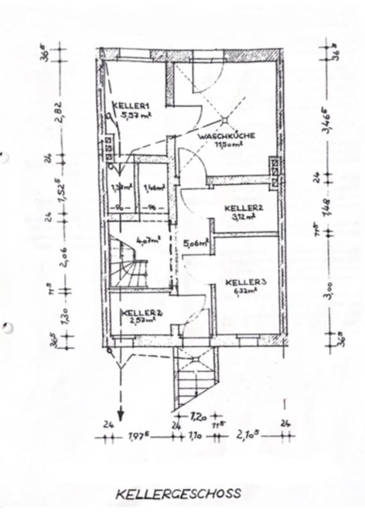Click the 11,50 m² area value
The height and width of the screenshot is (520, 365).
click(x=227, y=145)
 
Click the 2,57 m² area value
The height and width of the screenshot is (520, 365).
click(x=139, y=320)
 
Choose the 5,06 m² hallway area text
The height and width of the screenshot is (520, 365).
click(x=196, y=243)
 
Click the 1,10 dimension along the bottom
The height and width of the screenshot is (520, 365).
click(x=196, y=436)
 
